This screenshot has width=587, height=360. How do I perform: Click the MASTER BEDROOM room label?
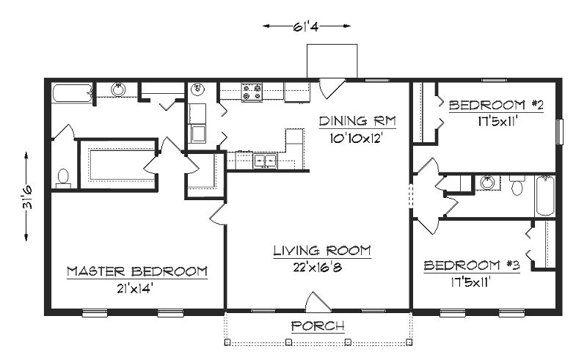[x=136, y=271]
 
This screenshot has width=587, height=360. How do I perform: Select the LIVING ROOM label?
[x=322, y=251]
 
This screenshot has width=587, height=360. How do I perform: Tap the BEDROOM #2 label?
[x=496, y=106]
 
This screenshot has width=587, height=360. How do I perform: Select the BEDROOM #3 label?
[x=472, y=265]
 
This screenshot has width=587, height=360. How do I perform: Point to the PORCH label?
[x=318, y=326]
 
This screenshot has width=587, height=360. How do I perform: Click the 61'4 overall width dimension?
[x=307, y=26]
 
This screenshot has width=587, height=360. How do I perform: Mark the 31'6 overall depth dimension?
[x=26, y=196]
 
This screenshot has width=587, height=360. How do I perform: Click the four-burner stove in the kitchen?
[x=252, y=92]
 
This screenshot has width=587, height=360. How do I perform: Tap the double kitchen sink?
[x=264, y=161]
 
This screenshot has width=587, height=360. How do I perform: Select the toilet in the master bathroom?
[x=63, y=177]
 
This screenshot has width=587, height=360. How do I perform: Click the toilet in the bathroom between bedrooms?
[x=517, y=187]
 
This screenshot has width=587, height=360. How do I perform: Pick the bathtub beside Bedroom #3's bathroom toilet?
[x=544, y=196]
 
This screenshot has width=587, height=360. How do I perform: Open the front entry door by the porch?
[x=318, y=302]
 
